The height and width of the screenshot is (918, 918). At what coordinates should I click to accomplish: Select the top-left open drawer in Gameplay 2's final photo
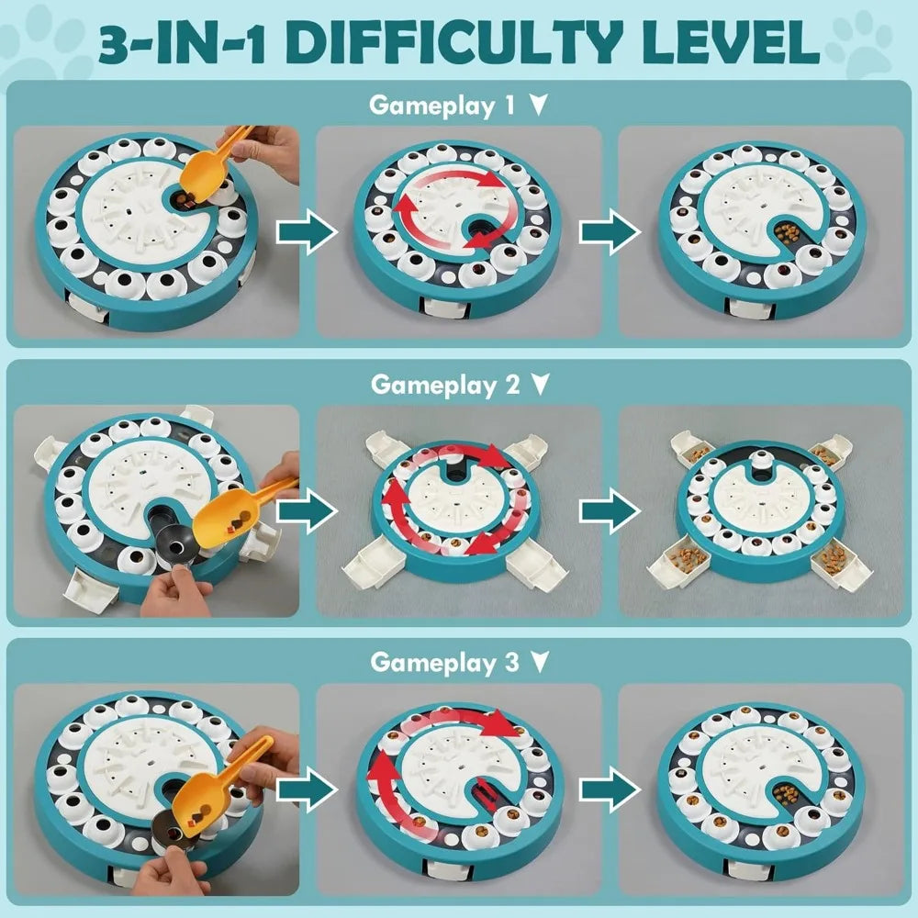(x=694, y=451)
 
